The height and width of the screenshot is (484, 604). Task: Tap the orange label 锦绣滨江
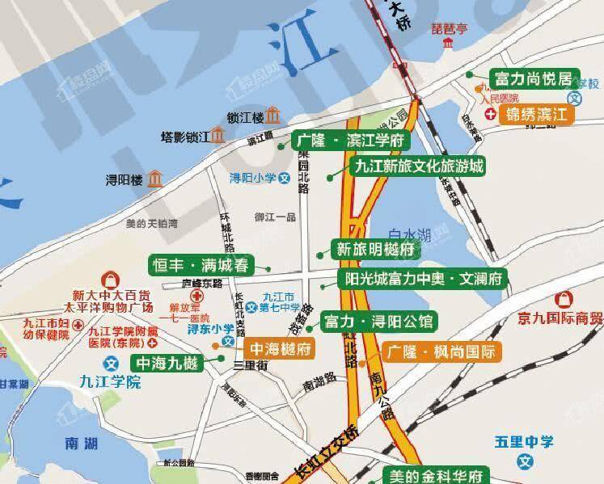539,114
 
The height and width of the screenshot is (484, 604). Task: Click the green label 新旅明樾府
374,250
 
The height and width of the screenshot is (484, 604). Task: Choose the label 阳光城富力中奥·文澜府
422,280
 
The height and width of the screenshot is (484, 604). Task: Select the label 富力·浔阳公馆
378,322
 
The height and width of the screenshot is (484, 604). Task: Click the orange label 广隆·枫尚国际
441,351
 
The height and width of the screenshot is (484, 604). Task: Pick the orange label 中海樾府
279,349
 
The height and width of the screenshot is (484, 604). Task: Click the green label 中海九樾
167,363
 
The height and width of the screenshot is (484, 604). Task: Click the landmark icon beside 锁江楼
273,115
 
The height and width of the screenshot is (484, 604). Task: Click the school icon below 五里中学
526,462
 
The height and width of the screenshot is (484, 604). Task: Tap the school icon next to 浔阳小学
283,179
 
